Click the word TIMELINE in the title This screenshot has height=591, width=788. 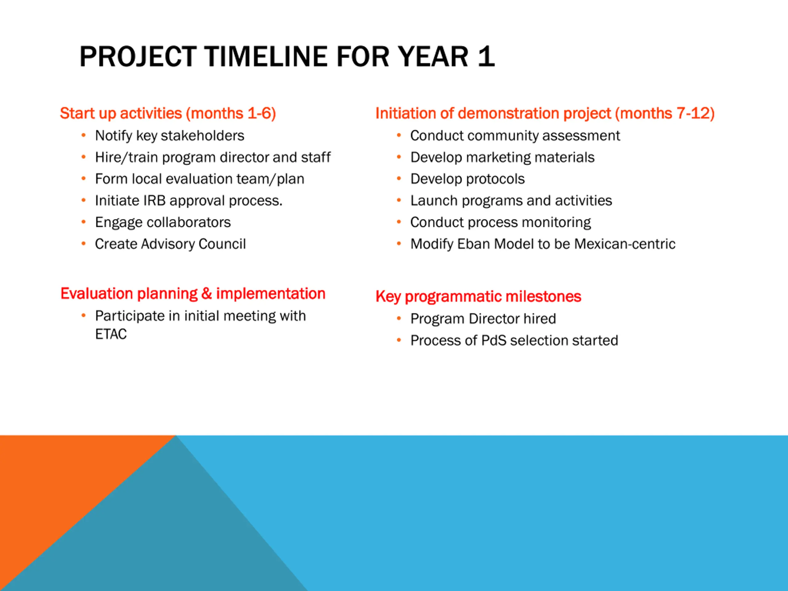click(265, 57)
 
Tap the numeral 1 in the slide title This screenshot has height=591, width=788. click(486, 57)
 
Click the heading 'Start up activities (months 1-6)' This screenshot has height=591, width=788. click(168, 114)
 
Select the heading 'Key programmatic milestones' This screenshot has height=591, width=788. click(478, 297)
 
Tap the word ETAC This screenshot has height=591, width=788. click(111, 334)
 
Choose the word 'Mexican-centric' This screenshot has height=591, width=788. click(625, 244)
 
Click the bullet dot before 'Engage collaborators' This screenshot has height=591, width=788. click(83, 222)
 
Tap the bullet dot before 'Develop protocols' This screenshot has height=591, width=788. click(399, 179)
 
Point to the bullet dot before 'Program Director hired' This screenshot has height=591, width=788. click(399, 319)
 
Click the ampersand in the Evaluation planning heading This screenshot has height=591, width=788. click(207, 294)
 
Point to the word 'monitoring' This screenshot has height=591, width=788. click(557, 223)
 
